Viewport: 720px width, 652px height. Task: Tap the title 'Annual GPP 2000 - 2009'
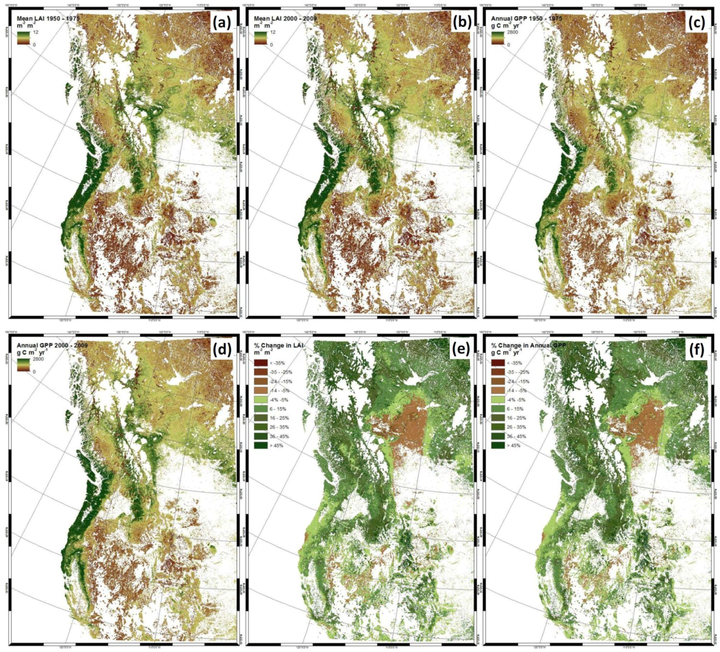click(x=52, y=346)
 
